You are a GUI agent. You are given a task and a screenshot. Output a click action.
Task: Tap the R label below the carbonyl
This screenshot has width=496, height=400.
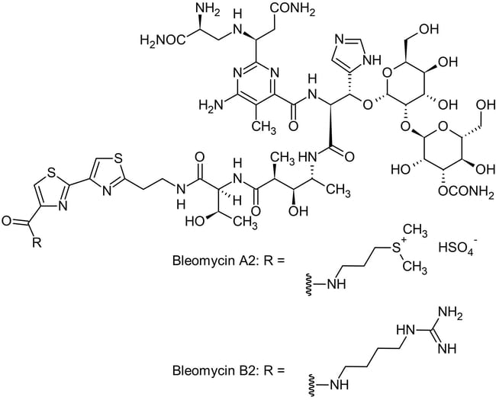[x=37, y=242]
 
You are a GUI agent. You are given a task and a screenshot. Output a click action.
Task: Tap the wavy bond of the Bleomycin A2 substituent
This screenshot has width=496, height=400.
[x=308, y=285]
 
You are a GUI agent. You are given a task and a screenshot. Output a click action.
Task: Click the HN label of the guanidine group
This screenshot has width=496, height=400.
[x=405, y=330]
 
